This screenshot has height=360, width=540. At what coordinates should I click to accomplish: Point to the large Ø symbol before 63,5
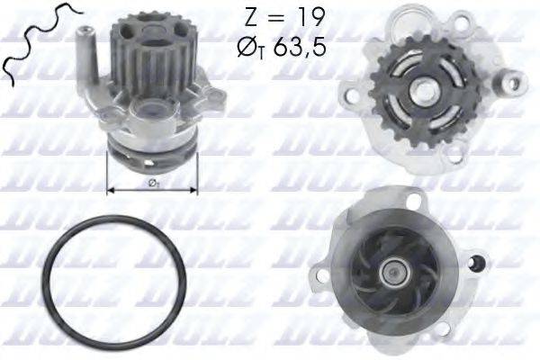click(251, 46)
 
